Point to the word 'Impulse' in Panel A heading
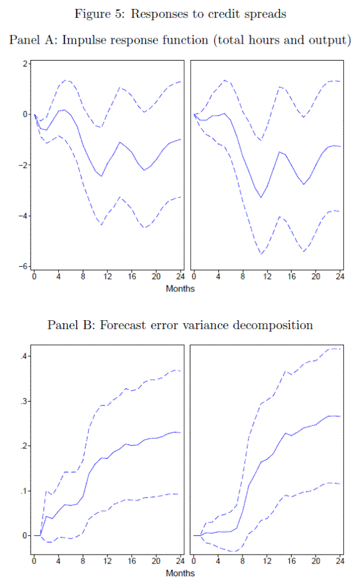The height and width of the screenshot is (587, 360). click(x=88, y=40)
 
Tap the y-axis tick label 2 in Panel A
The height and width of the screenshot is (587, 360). click(x=26, y=64)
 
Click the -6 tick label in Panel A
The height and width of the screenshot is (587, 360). click(x=24, y=267)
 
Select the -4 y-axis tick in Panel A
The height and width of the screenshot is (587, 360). click(x=24, y=216)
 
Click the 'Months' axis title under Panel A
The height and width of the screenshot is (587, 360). click(x=180, y=288)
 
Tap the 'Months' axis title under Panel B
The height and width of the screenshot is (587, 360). click(x=180, y=574)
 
